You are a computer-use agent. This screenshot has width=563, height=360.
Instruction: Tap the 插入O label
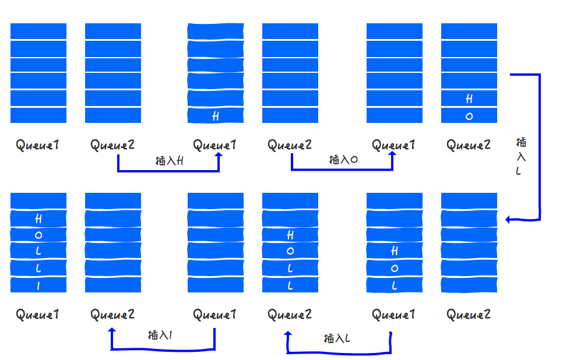point(343,160)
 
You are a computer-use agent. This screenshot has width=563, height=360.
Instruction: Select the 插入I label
point(160,335)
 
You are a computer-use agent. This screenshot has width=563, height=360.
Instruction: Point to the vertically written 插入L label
point(521,156)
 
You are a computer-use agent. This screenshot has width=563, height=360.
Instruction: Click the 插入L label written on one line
point(337,338)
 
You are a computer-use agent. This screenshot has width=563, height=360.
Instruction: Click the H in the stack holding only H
point(216,117)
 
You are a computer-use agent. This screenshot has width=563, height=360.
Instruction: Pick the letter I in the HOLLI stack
point(38,285)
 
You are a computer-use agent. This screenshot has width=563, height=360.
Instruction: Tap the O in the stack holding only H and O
point(469,117)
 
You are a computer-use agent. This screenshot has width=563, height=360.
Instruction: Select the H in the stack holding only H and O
point(469,100)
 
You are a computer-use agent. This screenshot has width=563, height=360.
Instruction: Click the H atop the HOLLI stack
point(38,219)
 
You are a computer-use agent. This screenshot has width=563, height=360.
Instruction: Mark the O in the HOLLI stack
point(38,235)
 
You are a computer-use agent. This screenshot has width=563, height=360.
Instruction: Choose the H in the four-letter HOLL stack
point(290,235)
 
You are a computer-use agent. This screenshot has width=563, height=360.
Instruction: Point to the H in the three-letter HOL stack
point(395,251)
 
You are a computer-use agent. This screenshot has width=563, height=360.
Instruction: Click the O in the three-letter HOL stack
point(395,269)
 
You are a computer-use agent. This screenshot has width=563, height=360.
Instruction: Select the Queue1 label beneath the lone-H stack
point(215,145)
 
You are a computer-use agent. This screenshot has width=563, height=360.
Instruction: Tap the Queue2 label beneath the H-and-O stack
point(469,145)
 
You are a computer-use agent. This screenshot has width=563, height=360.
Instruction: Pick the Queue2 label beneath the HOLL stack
point(290,315)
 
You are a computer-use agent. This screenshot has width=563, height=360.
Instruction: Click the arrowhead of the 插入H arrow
point(219,156)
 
